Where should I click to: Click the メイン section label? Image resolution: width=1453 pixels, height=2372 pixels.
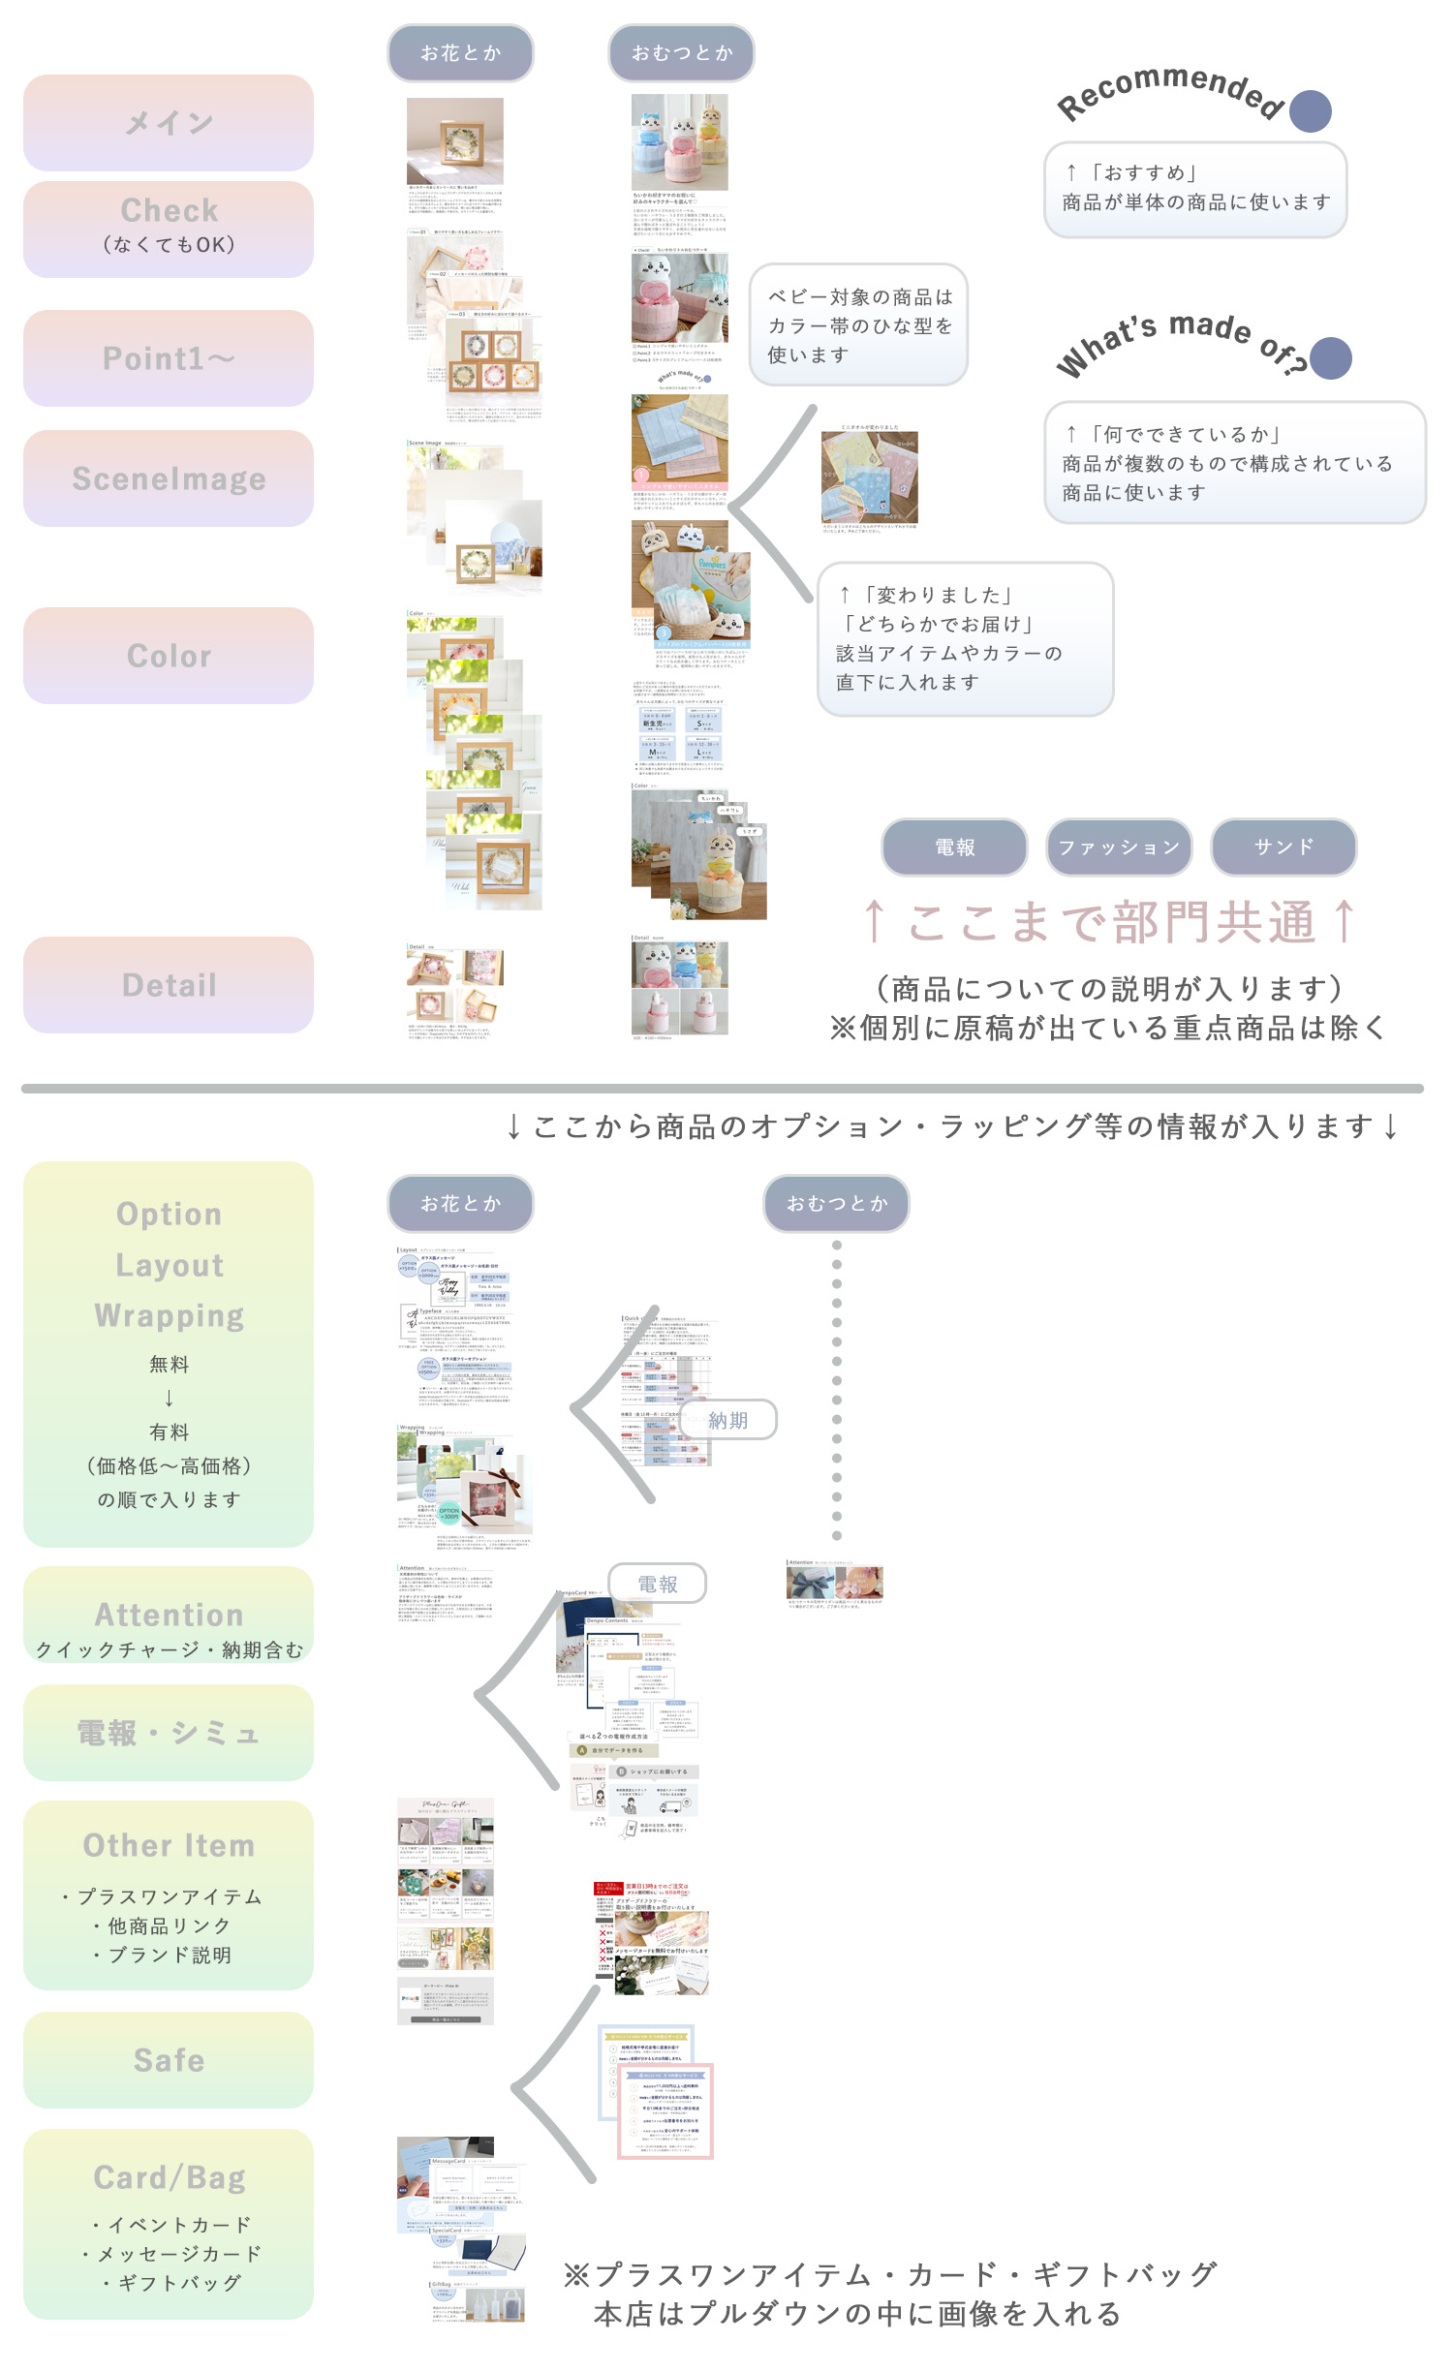(x=169, y=123)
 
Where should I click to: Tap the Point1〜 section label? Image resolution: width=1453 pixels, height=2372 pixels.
(x=169, y=358)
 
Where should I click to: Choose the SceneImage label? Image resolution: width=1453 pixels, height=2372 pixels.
(x=169, y=478)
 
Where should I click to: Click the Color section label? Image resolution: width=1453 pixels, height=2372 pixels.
(x=169, y=656)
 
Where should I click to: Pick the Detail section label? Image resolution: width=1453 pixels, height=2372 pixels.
(x=169, y=985)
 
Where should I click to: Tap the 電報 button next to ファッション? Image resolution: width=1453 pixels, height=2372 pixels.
(x=954, y=847)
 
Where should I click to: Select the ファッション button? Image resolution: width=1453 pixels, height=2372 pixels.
(x=1119, y=847)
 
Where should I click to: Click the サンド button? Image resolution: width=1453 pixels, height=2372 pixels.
(x=1283, y=847)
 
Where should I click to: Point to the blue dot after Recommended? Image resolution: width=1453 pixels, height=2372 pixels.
(x=1311, y=111)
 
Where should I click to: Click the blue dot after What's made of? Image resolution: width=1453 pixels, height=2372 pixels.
(x=1331, y=358)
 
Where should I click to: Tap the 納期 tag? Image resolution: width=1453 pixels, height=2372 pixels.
(x=728, y=1420)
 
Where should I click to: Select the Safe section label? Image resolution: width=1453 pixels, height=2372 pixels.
(x=169, y=2060)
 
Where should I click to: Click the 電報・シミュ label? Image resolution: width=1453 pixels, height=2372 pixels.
(x=169, y=1733)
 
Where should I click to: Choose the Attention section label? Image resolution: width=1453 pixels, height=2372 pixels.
(x=169, y=1615)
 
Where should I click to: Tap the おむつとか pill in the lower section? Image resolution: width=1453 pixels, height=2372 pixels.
(x=836, y=1204)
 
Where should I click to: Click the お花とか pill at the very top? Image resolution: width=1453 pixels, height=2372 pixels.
(x=460, y=53)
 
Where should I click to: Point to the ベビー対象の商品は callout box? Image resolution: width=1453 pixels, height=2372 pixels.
(x=859, y=325)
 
